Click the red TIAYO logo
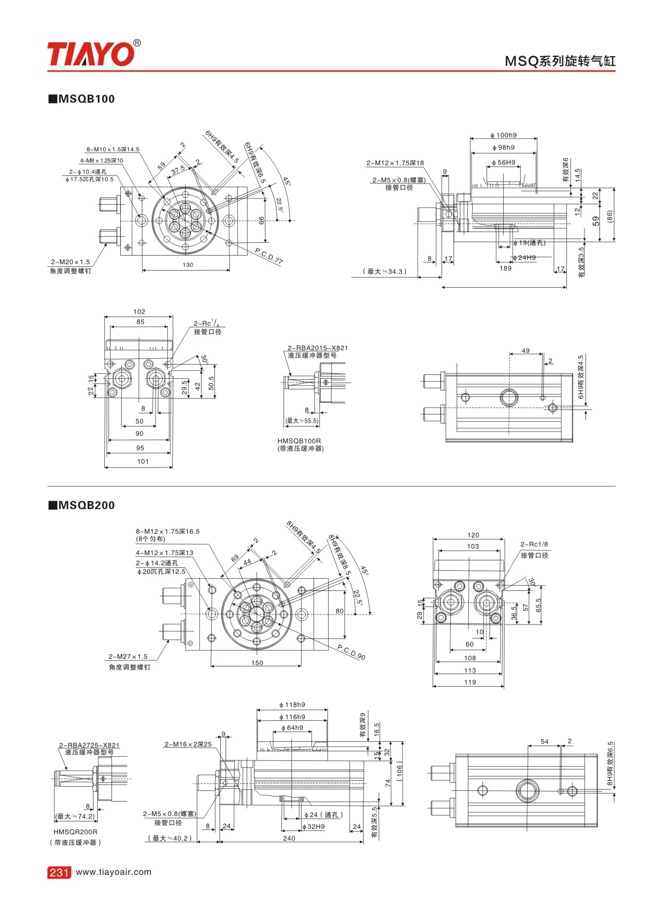(x=91, y=54)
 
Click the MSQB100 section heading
(x=82, y=99)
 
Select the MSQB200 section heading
(x=82, y=505)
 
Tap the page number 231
(x=59, y=872)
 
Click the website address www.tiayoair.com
(x=114, y=872)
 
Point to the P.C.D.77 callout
(x=269, y=256)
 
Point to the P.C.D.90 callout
(x=351, y=652)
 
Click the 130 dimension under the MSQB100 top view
(x=188, y=265)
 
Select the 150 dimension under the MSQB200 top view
(x=257, y=663)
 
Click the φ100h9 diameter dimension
(x=504, y=135)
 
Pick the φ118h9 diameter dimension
(x=292, y=705)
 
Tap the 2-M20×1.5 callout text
(x=71, y=262)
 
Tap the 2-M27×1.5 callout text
(x=128, y=657)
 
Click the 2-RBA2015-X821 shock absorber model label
(x=318, y=348)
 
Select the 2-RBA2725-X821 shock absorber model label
(x=89, y=745)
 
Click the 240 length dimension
(x=289, y=838)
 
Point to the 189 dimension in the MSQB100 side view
(x=505, y=268)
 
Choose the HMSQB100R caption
(x=299, y=441)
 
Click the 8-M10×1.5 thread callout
(x=113, y=149)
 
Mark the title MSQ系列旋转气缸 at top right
(x=560, y=60)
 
